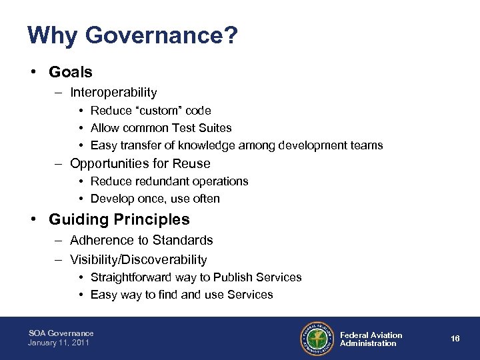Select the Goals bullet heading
pyautogui.click(x=71, y=72)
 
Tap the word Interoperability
pyautogui.click(x=113, y=93)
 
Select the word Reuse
pyautogui.click(x=191, y=163)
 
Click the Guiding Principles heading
pyautogui.click(x=119, y=219)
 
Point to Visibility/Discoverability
pyautogui.click(x=138, y=259)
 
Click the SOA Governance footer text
pyautogui.click(x=61, y=333)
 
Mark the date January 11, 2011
pyautogui.click(x=59, y=343)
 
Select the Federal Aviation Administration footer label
pyautogui.click(x=371, y=339)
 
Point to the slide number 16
pyautogui.click(x=455, y=339)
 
